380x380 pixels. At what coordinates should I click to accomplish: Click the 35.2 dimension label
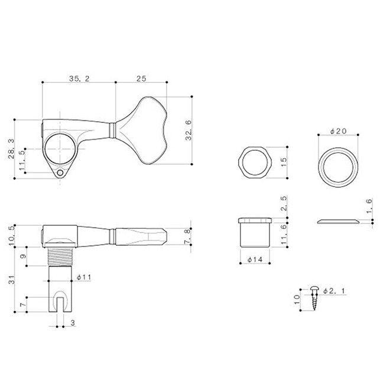coord(79,79)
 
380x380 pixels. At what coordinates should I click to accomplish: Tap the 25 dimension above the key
coord(141,79)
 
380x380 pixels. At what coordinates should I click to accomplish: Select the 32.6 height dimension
coord(189,131)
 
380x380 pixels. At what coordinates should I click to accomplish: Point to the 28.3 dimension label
coord(11,149)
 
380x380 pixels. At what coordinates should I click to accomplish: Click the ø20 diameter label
coord(339,131)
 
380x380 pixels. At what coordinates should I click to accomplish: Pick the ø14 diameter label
coord(255,259)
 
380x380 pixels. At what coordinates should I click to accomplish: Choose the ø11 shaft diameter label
coord(83,277)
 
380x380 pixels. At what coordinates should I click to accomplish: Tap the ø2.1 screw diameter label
coord(334,291)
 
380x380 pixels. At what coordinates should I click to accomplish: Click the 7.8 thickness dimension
coord(187,236)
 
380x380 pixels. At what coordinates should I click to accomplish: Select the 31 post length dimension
coord(12,280)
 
